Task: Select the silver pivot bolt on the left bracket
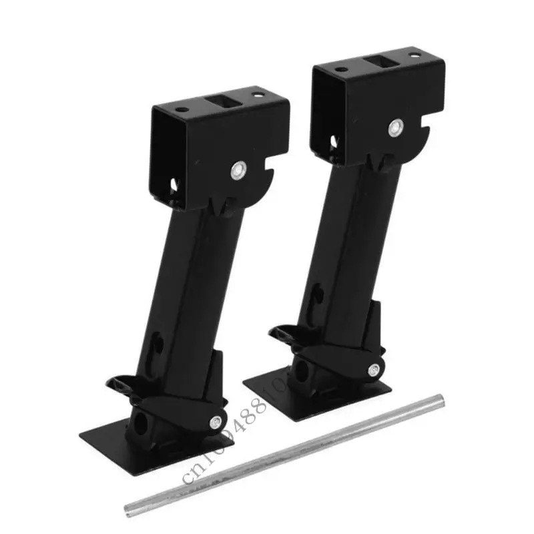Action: click(238, 171)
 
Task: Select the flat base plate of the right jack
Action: click(280, 390)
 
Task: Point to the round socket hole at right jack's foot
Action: click(298, 370)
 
